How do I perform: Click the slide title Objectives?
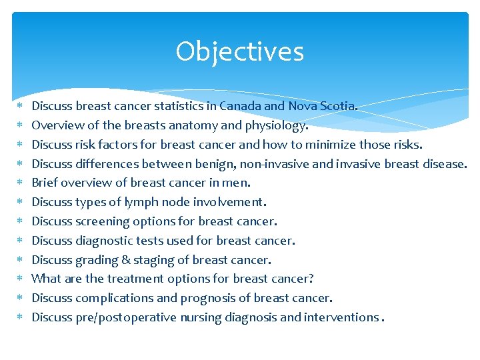point(239,52)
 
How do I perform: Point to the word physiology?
point(275,125)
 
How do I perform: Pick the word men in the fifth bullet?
point(239,183)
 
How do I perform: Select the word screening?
point(104,221)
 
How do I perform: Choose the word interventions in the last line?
point(341,317)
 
